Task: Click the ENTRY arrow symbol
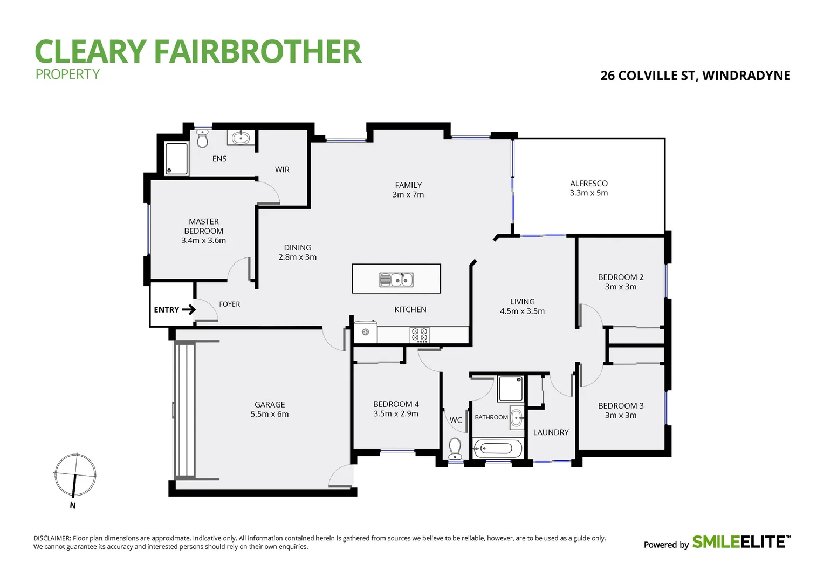(189, 310)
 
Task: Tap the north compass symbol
(75, 475)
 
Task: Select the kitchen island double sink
(396, 280)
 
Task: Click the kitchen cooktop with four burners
(420, 335)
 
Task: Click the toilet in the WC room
(455, 448)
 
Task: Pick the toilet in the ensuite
(203, 139)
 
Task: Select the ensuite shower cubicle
(176, 158)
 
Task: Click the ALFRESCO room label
(588, 184)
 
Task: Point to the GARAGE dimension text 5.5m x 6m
(270, 415)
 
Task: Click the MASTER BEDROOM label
(203, 226)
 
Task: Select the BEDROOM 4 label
(396, 404)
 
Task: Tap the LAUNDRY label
(551, 432)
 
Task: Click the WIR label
(282, 170)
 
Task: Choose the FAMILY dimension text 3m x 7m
(408, 195)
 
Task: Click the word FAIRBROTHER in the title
(257, 52)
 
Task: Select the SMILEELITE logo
(741, 542)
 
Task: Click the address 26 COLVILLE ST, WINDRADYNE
(695, 76)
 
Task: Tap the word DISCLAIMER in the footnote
(52, 538)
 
